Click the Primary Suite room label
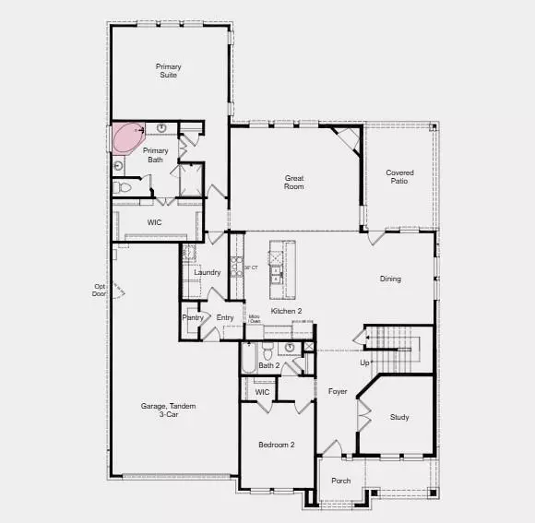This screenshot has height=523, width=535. click(x=168, y=70)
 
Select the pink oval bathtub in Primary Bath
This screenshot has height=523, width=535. click(x=126, y=138)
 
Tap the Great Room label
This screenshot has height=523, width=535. click(x=294, y=181)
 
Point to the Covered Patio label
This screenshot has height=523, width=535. click(x=399, y=176)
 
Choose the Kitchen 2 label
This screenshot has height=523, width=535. click(x=286, y=312)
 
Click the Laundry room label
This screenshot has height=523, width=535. click(x=208, y=272)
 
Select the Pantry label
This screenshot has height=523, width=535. click(x=193, y=317)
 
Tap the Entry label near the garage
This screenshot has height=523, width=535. click(x=225, y=317)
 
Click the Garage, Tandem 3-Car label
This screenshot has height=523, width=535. click(x=168, y=410)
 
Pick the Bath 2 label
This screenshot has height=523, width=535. click(x=269, y=366)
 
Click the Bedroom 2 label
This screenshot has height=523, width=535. click(x=277, y=445)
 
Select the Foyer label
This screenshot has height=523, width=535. click(x=338, y=391)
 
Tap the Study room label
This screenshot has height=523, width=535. click(x=399, y=417)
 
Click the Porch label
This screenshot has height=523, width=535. click(x=341, y=481)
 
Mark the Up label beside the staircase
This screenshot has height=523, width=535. click(x=364, y=363)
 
